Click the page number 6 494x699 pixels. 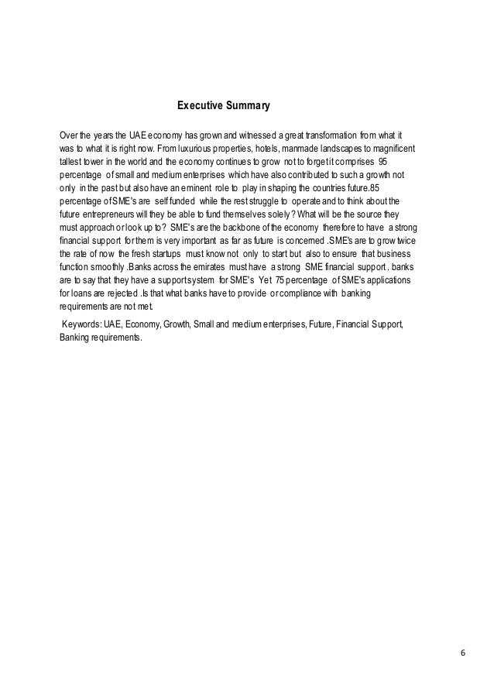[462, 653]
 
